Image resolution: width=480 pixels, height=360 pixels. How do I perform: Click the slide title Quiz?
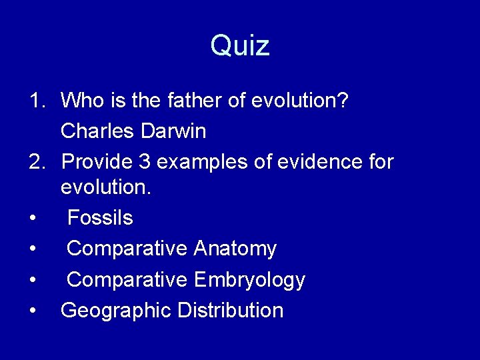point(240,46)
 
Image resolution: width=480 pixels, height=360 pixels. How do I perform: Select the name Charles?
point(98,131)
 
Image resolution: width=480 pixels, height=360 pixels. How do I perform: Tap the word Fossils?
point(100,218)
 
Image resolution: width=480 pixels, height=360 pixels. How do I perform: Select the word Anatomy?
point(235,249)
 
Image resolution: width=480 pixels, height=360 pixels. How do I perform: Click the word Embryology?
point(249,279)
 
